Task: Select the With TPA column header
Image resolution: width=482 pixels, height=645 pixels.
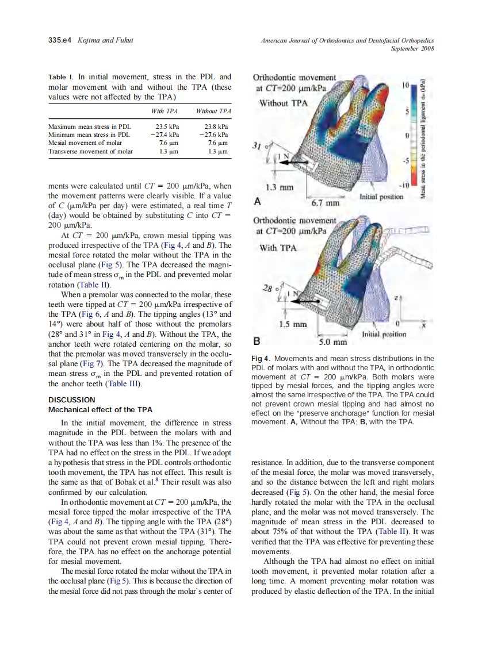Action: (x=165, y=110)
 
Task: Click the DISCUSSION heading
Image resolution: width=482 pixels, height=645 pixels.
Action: (x=72, y=400)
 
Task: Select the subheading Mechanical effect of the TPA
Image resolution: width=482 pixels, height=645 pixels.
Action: (x=100, y=409)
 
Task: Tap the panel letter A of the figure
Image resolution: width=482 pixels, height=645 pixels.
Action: (x=257, y=201)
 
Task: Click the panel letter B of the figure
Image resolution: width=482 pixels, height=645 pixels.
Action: (x=257, y=339)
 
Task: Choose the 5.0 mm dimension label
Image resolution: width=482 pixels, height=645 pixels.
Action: (x=332, y=343)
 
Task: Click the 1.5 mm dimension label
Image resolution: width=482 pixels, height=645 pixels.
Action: (x=291, y=324)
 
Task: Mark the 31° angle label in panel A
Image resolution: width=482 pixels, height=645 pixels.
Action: (x=258, y=147)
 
